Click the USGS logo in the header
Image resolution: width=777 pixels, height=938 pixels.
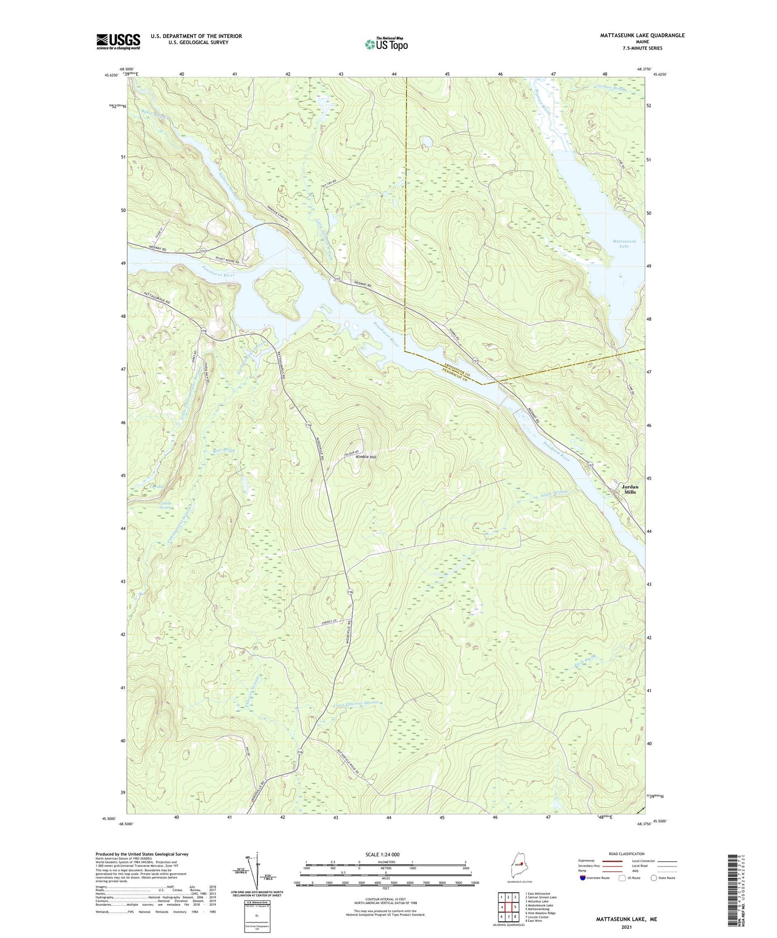tap(118, 41)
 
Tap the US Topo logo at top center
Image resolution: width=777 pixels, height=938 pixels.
tap(386, 44)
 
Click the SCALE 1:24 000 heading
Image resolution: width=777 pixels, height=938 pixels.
tap(382, 854)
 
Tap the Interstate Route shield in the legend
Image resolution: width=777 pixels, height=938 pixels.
tap(583, 878)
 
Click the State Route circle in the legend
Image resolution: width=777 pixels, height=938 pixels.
tap(654, 878)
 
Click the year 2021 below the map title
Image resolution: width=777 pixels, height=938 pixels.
tap(626, 927)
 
